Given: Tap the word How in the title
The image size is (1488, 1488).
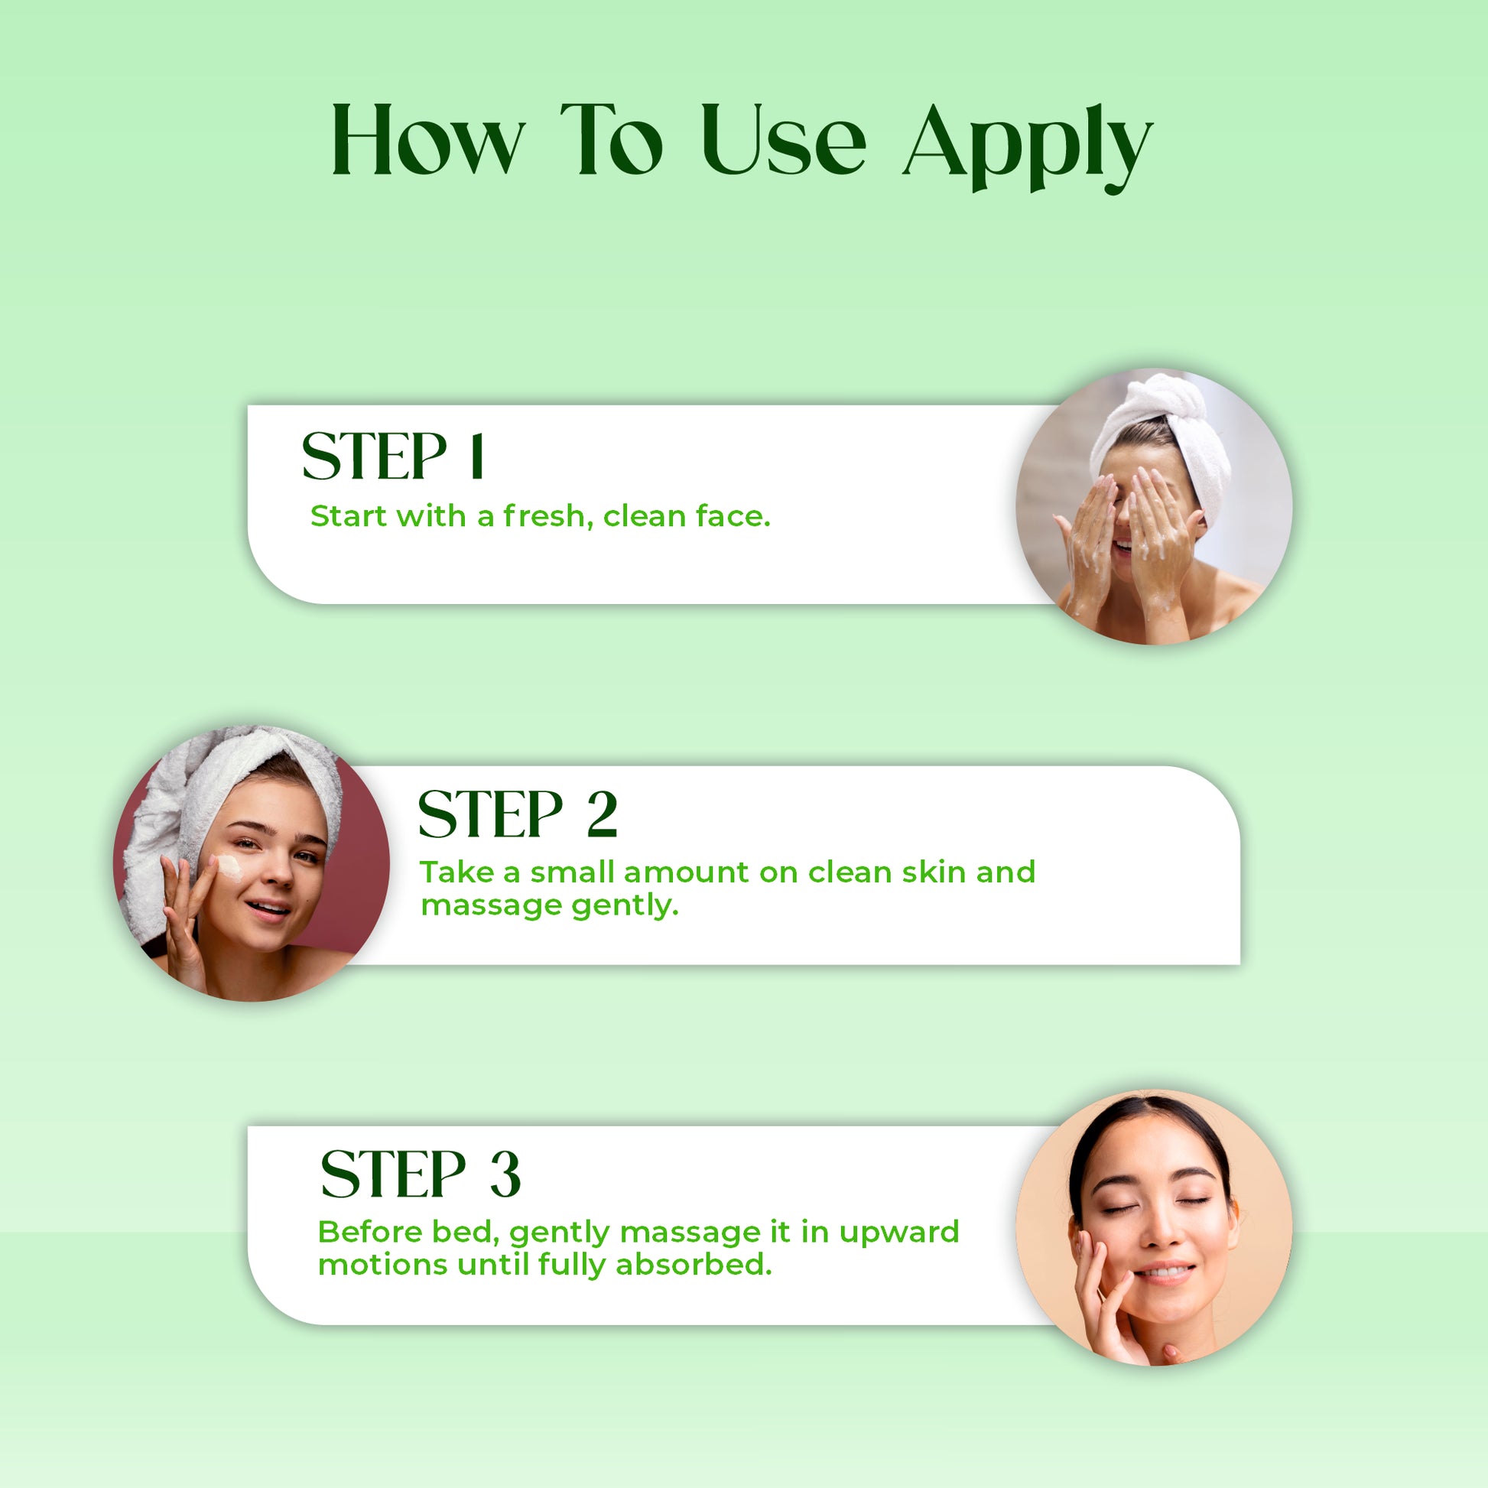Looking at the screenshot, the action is point(428,139).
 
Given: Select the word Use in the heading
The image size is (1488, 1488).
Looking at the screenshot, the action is point(783,139).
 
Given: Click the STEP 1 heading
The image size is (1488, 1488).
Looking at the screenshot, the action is point(393,455).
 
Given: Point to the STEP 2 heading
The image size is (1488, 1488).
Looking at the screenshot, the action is point(518,814).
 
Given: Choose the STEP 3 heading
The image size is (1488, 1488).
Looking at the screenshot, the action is point(421,1174).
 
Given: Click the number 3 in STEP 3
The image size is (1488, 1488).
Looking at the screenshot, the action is point(505,1174).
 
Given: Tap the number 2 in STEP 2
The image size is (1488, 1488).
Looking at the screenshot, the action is point(603,814).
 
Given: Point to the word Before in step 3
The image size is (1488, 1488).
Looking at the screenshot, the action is point(370,1232).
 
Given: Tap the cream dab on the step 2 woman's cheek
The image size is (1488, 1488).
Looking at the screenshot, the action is point(230,867).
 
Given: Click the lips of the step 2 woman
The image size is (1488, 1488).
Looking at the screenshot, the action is point(268,908).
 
